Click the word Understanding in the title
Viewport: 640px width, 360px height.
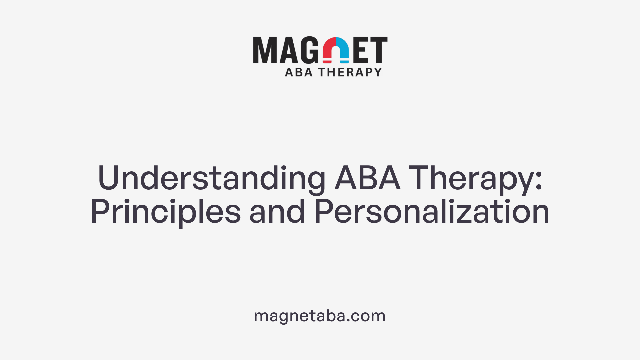pyautogui.click(x=211, y=178)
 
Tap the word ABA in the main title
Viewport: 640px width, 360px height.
pyautogui.click(x=367, y=178)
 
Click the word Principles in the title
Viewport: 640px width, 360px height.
pyautogui.click(x=165, y=212)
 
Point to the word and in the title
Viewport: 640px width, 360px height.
pyautogui.click(x=277, y=211)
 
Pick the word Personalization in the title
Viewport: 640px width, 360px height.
pyautogui.click(x=432, y=211)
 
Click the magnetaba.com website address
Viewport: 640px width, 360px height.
pyautogui.click(x=320, y=316)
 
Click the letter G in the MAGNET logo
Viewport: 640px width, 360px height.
pyautogui.click(x=309, y=50)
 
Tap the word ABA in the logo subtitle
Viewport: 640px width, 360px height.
pyautogui.click(x=299, y=72)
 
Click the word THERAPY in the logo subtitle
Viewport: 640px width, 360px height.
pyautogui.click(x=350, y=72)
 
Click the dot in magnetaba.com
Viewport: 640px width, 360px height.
pyautogui.click(x=348, y=321)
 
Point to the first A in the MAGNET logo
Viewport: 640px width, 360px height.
pyautogui.click(x=287, y=50)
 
